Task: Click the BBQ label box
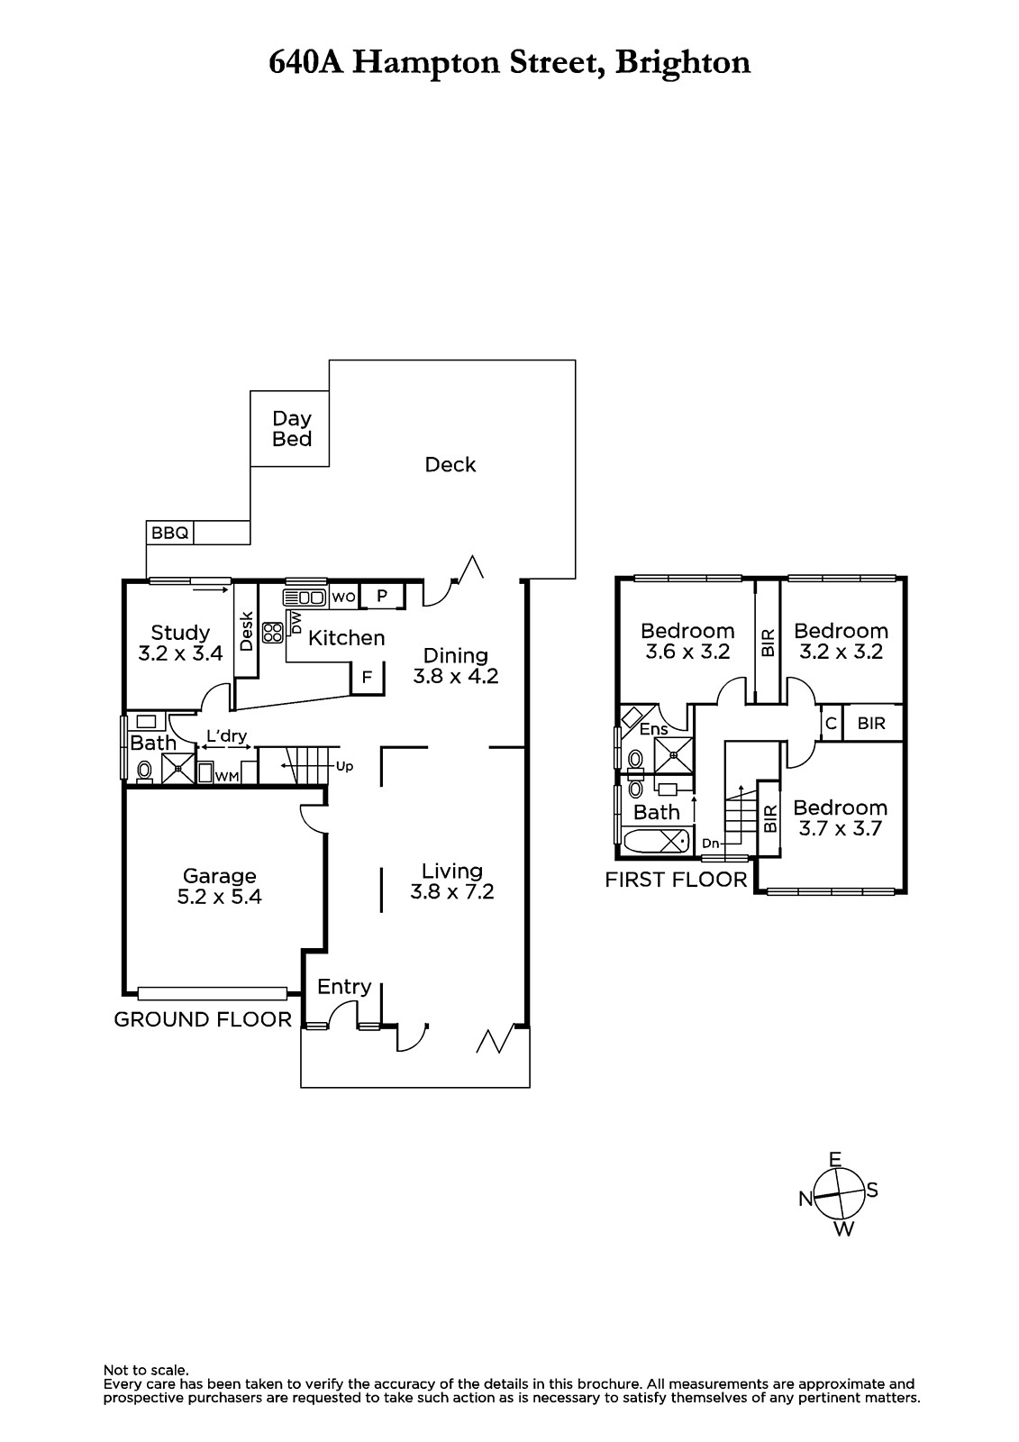pos(170,533)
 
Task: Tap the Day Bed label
pos(292,429)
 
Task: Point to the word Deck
pos(450,464)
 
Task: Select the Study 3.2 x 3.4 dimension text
pos(180,653)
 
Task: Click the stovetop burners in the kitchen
pos(273,632)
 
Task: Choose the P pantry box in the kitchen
pos(382,596)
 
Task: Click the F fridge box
pos(367,677)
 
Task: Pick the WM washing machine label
pos(226,777)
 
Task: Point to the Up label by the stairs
pos(344,767)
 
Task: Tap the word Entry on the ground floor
pos(344,987)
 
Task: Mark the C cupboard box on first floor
pos(831,724)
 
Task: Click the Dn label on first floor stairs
pos(710,844)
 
